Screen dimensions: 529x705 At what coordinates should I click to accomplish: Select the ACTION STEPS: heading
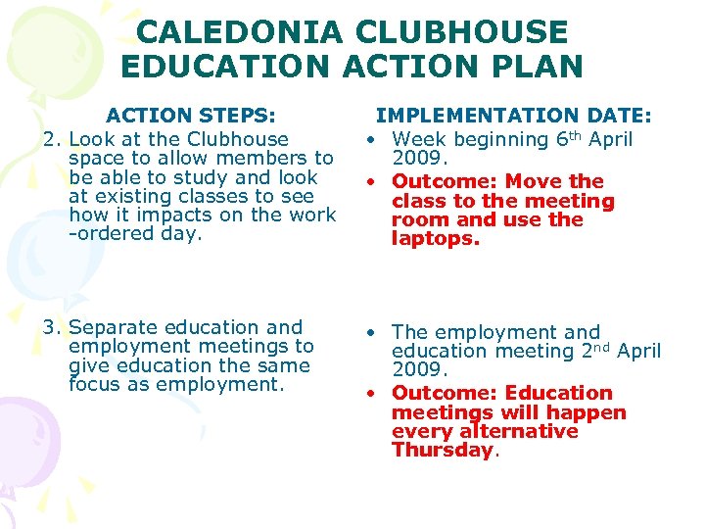coord(191,116)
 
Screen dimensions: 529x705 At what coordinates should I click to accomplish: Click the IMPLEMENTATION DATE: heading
coord(515,116)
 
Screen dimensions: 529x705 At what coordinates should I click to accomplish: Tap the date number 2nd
coord(590,350)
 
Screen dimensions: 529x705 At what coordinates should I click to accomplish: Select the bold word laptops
coord(436,238)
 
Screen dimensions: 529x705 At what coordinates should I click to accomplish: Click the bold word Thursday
coord(443,450)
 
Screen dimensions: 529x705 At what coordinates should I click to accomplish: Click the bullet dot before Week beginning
coord(373,140)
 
